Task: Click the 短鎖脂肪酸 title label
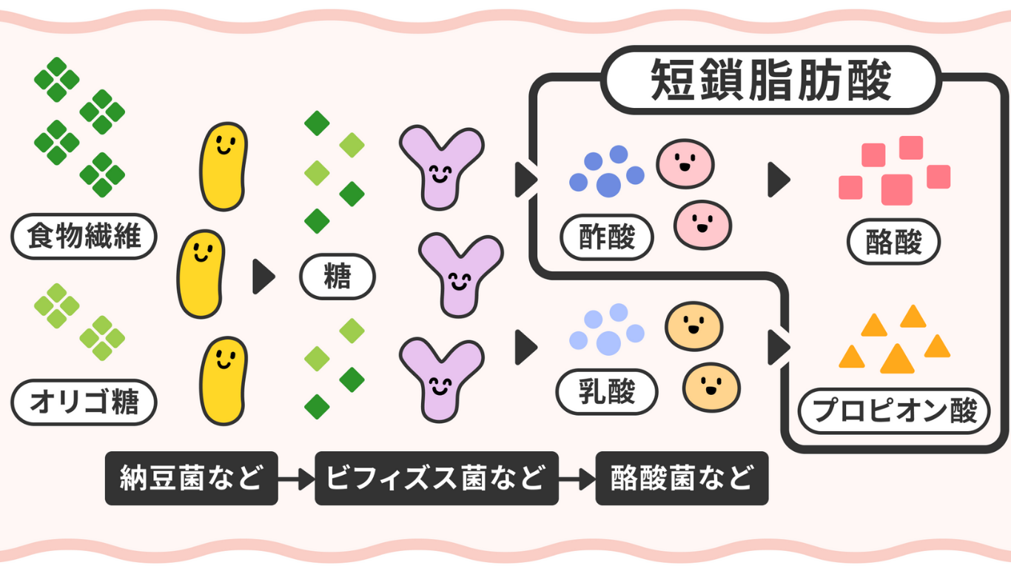click(771, 81)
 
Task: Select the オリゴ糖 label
click(84, 404)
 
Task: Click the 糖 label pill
click(337, 278)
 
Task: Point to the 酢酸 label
click(608, 238)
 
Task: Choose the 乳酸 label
click(608, 393)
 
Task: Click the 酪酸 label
click(893, 242)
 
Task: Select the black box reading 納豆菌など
click(191, 479)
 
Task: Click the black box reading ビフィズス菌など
click(437, 479)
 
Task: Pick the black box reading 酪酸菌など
click(682, 479)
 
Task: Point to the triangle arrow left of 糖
click(263, 277)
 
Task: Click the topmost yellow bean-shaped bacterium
click(224, 166)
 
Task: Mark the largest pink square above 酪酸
click(897, 189)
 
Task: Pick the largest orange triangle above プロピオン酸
click(897, 360)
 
